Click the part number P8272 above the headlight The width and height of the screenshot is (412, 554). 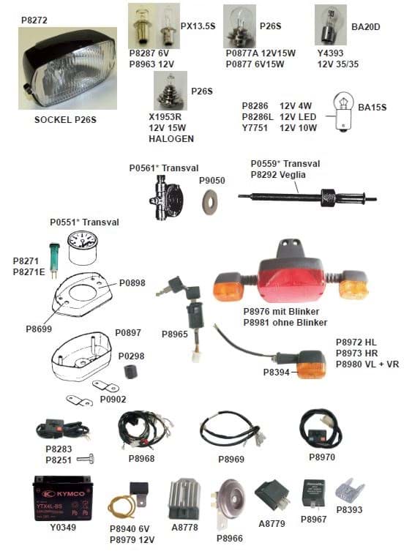(x=34, y=20)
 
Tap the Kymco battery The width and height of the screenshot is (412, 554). (x=62, y=498)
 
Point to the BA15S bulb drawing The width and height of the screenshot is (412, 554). (x=342, y=112)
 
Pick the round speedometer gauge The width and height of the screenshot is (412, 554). (x=82, y=247)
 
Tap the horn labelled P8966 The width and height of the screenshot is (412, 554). (x=228, y=504)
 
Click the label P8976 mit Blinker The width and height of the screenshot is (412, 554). (x=281, y=311)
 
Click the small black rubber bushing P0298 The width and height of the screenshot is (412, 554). (x=130, y=372)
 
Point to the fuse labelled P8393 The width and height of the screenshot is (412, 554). (x=350, y=491)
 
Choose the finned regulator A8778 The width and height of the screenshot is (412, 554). (x=184, y=498)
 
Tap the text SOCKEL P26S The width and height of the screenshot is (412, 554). (x=65, y=120)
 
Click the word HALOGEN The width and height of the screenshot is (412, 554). (x=171, y=139)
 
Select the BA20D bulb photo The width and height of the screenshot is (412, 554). (x=331, y=25)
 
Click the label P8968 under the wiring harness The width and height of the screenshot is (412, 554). (x=142, y=458)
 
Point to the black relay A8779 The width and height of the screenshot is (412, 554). (x=272, y=495)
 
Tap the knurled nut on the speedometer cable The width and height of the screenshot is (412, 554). (x=329, y=198)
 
